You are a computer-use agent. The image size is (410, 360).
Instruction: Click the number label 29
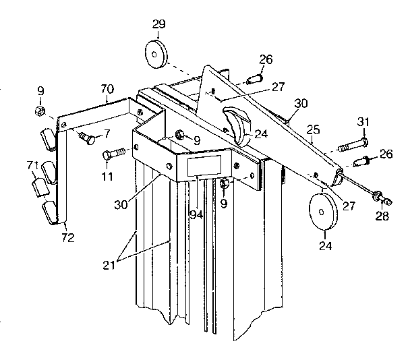158,25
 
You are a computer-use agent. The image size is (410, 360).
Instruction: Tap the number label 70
108,88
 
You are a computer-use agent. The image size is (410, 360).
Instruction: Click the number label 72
67,237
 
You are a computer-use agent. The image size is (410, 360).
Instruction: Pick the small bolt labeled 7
86,138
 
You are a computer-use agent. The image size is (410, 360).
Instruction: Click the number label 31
363,121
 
